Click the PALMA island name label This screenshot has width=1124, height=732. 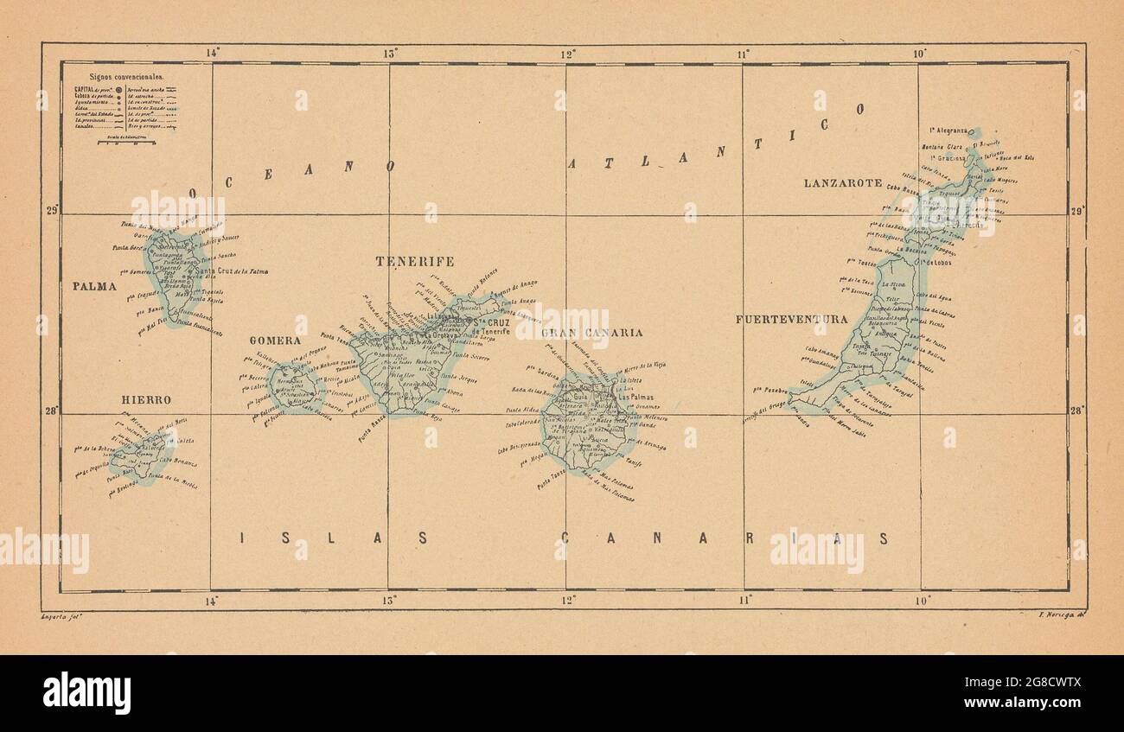[94, 286]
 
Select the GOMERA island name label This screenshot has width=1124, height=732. [275, 341]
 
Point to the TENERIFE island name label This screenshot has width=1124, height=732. [414, 261]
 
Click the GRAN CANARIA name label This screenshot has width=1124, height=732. [591, 333]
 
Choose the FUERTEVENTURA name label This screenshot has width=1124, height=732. [791, 320]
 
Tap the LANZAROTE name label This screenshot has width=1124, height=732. [842, 183]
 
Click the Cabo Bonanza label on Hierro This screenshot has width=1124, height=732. [178, 463]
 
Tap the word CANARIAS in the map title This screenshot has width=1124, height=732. [725, 538]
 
